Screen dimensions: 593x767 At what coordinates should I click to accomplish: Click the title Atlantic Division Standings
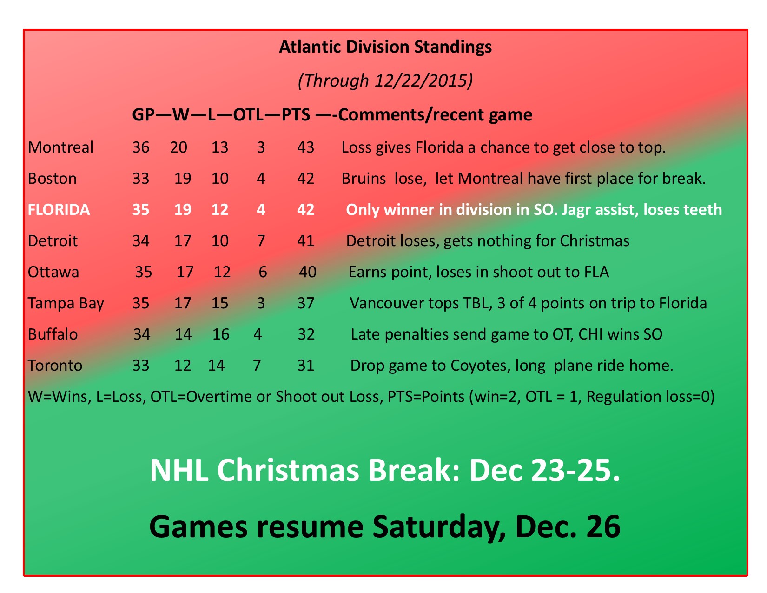click(385, 47)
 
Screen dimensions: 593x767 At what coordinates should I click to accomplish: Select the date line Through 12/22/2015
click(385, 80)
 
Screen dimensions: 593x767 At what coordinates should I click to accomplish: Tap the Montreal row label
click(60, 147)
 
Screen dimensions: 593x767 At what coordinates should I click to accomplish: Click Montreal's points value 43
click(305, 147)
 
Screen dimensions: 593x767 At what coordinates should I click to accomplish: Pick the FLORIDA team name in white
click(59, 210)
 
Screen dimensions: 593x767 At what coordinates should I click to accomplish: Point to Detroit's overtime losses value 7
click(261, 241)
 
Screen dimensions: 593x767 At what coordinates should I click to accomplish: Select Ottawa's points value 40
click(307, 272)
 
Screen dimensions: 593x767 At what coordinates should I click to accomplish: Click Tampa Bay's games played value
click(141, 303)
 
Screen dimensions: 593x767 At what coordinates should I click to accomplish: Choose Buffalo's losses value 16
click(220, 334)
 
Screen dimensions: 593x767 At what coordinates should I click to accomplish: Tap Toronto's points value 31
click(305, 366)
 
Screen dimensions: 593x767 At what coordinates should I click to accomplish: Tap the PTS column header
click(296, 114)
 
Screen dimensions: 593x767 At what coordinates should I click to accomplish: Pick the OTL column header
click(248, 114)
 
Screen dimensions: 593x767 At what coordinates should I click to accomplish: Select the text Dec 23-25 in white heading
click(544, 471)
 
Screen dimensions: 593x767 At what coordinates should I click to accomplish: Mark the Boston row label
click(52, 179)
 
